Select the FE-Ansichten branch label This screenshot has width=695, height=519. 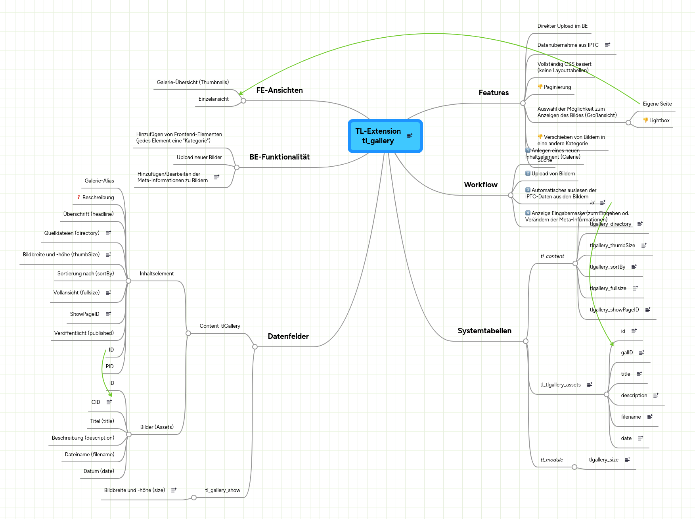pos(279,90)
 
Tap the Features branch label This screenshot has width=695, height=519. pos(493,93)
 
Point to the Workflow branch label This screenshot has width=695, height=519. pos(481,185)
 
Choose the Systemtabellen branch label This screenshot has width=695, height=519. pos(484,331)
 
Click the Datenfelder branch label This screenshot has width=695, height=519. pos(288,336)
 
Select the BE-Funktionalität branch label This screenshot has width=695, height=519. pos(279,157)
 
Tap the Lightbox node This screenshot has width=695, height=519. pos(659,121)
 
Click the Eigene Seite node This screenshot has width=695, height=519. pos(657,104)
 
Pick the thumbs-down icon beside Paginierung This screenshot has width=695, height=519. pos(540,87)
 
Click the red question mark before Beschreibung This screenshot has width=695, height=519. pos(78,197)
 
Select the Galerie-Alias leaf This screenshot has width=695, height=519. pos(99,181)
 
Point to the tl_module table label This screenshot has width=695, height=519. pos(551,460)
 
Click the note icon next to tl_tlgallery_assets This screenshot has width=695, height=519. pos(590,384)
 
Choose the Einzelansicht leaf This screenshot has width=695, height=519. pos(213,99)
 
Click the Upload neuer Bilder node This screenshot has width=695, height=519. pos(199,158)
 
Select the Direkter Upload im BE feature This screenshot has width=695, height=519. pos(562,26)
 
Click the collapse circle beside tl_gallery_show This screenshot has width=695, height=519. pos(194,498)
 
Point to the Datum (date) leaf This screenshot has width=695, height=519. pos(99,471)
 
